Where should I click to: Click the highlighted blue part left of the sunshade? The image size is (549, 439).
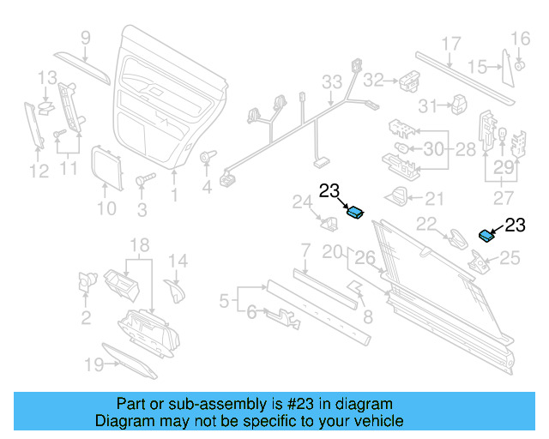coord(354,213)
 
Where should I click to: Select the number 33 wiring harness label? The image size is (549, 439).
coord(332,82)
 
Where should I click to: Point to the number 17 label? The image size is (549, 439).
coord(451,45)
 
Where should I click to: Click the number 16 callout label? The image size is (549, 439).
coord(522,38)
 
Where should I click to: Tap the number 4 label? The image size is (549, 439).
coord(207,187)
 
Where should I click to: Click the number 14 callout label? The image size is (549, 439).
coord(177,261)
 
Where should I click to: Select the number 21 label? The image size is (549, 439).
coord(435,199)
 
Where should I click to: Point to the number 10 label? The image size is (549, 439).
coord(106,207)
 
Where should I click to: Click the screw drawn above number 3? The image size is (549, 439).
coord(143,181)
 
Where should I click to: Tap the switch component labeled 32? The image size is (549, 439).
coord(407,81)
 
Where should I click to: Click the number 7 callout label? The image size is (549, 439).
coord(305,250)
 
